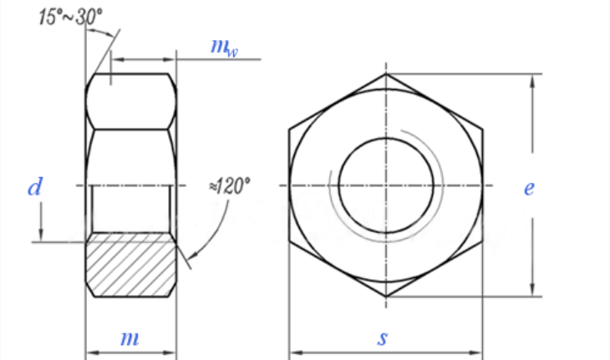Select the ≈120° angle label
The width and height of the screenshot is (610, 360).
pyautogui.click(x=229, y=185)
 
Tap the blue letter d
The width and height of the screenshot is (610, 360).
pyautogui.click(x=34, y=188)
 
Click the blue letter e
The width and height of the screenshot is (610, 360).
pyautogui.click(x=529, y=188)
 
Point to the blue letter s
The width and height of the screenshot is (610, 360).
pyautogui.click(x=383, y=338)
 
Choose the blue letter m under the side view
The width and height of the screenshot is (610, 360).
pyautogui.click(x=130, y=338)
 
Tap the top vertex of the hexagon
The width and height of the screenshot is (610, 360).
pyautogui.click(x=385, y=74)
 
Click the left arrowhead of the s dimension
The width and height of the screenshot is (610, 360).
pyautogui.click(x=293, y=352)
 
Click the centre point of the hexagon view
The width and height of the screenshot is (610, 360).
pyautogui.click(x=385, y=185)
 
